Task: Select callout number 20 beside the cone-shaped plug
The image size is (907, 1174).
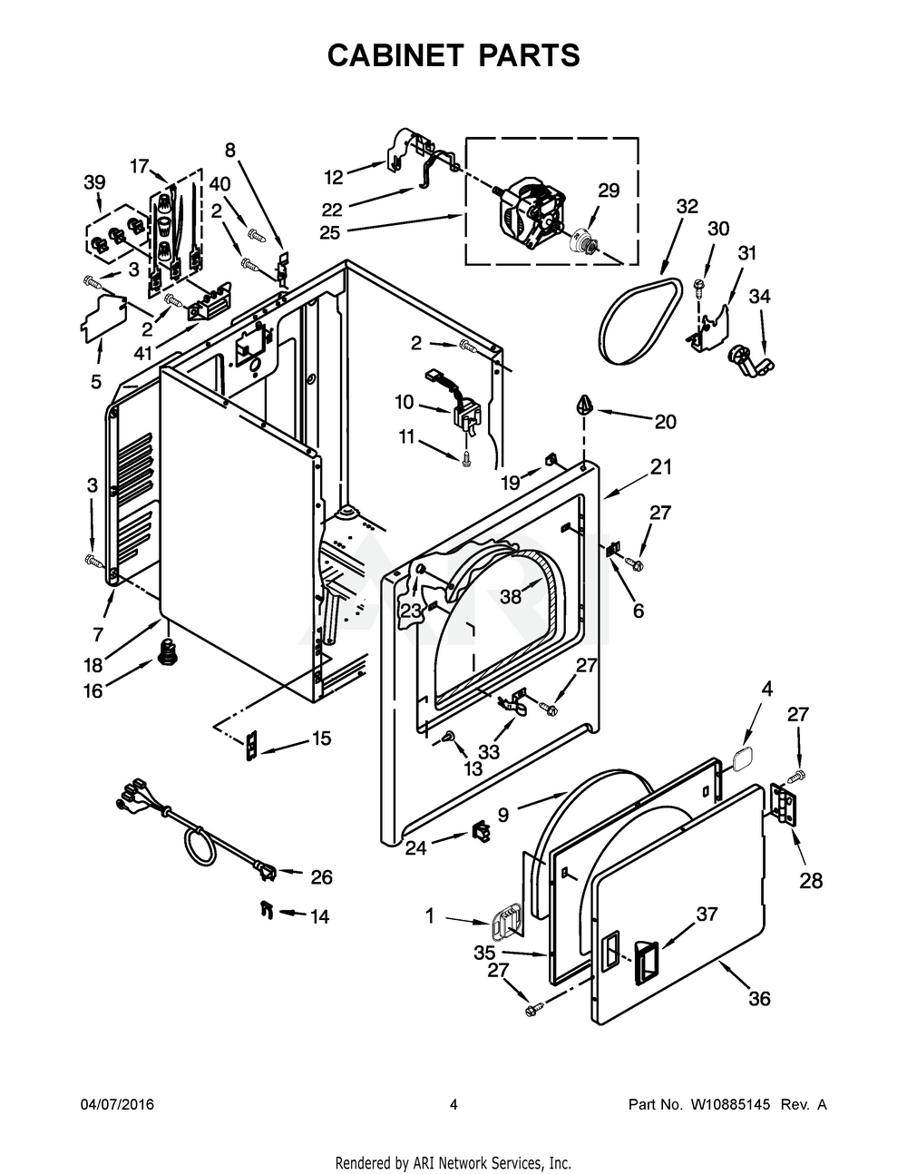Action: tap(666, 421)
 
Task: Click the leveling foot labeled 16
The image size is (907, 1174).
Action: tap(167, 651)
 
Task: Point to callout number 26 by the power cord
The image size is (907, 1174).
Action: tap(321, 877)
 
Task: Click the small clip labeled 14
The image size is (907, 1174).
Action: tap(266, 908)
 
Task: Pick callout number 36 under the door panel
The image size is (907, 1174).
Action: tap(759, 999)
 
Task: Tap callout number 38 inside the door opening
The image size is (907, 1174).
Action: tap(512, 596)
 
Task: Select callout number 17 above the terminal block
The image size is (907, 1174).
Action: tap(139, 166)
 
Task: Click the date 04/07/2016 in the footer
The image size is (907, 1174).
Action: tap(117, 1105)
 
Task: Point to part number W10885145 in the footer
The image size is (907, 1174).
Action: tap(727, 1105)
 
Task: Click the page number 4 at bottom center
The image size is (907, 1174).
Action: tap(453, 1105)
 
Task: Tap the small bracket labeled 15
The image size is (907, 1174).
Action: tap(250, 744)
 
